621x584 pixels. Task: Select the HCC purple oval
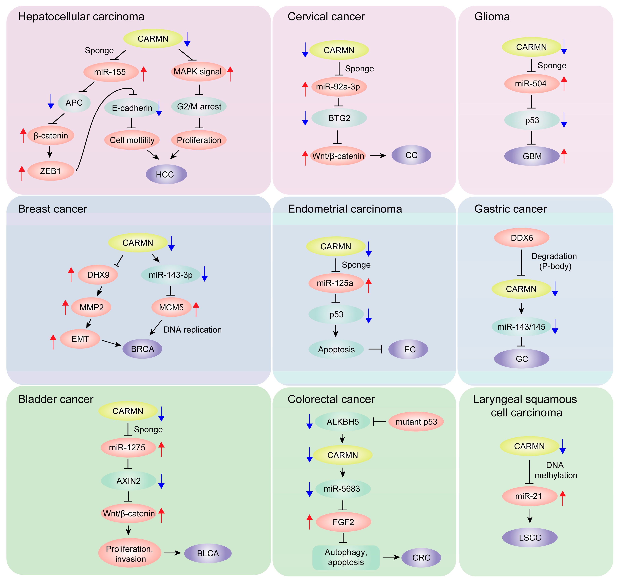click(166, 174)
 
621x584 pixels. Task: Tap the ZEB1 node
click(51, 171)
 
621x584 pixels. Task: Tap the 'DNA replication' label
click(192, 330)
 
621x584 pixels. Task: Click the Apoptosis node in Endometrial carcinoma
click(336, 349)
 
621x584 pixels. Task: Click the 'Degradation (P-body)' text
click(554, 261)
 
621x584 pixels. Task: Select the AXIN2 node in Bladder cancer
click(128, 481)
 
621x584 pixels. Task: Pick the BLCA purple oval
click(208, 553)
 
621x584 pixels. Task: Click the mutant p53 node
click(416, 422)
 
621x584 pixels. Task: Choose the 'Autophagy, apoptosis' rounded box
click(346, 557)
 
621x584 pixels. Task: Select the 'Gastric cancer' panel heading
click(510, 209)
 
